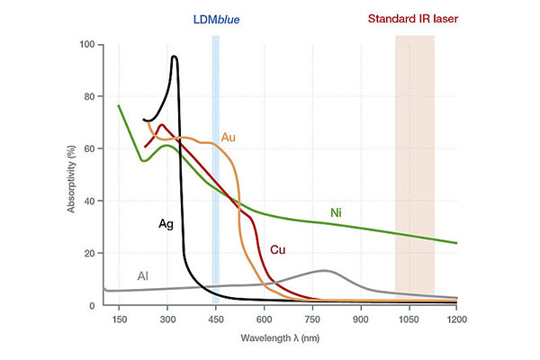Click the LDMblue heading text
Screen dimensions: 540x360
(x=216, y=19)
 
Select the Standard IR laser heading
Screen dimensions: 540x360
(x=413, y=19)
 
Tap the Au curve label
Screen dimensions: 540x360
(x=228, y=138)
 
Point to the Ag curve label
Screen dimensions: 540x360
(x=166, y=224)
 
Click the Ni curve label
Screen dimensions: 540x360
(x=336, y=212)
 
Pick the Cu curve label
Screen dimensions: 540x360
(x=277, y=249)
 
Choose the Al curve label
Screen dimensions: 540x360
(x=142, y=276)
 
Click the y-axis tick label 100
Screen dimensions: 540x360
(x=86, y=44)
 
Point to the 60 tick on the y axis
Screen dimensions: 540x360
(x=89, y=148)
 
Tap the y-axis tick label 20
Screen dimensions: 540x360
(x=89, y=253)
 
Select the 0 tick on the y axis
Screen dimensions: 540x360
(x=92, y=306)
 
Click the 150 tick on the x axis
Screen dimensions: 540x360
(x=119, y=319)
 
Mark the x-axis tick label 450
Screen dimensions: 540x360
(x=216, y=319)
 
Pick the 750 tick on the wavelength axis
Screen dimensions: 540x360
(x=312, y=319)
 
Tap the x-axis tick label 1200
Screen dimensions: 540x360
(x=457, y=319)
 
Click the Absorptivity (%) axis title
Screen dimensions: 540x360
(x=71, y=179)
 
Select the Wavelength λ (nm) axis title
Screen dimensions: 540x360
(x=280, y=338)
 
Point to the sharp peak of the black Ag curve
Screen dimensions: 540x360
(x=175, y=56)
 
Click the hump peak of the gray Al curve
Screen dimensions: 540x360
(x=324, y=270)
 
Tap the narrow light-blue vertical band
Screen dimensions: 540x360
(x=216, y=170)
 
